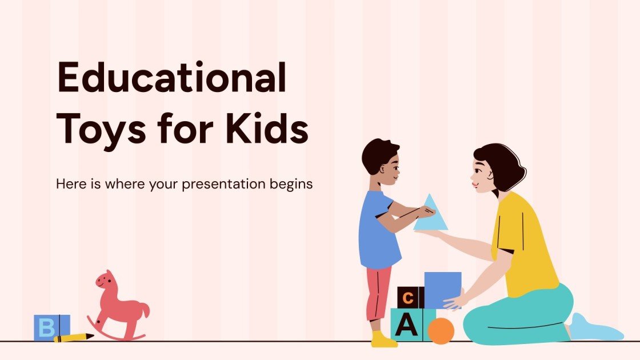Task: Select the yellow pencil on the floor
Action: (74, 338)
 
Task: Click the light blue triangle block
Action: (430, 214)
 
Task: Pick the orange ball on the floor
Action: (441, 331)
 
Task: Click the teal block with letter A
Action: (406, 325)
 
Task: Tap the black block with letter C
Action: (407, 298)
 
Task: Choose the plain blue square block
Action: (442, 289)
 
